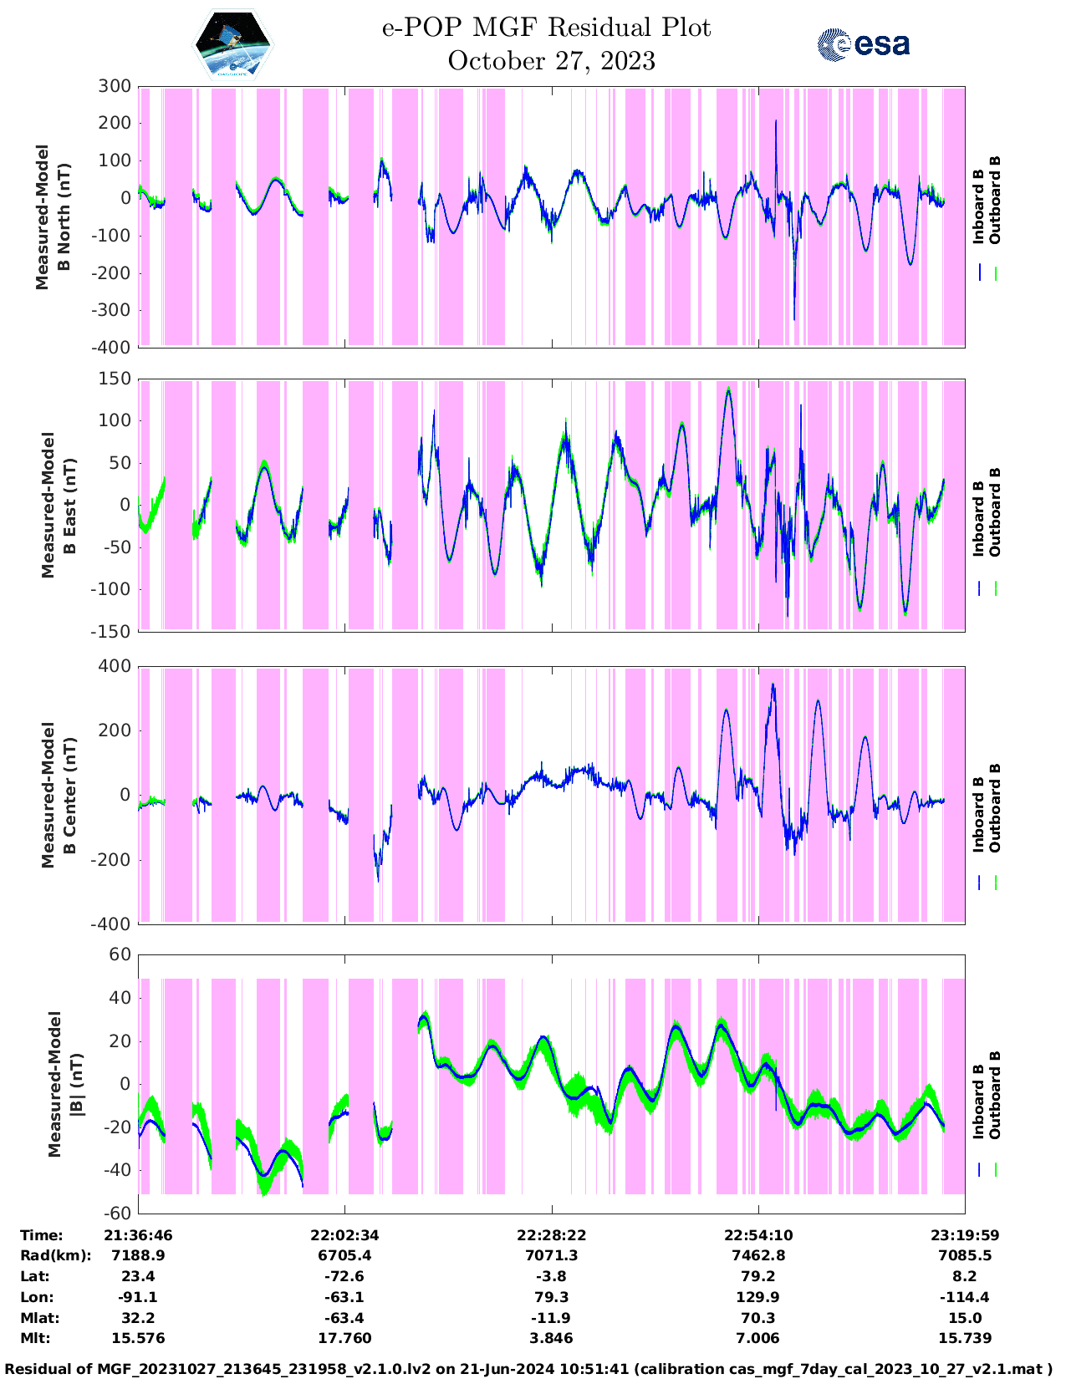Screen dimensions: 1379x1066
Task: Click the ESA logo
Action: pos(864,44)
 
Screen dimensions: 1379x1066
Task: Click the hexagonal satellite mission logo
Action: pos(232,43)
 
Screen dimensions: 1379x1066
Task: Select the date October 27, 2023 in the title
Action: pos(551,61)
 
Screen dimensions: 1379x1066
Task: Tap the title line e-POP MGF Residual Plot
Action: pos(546,28)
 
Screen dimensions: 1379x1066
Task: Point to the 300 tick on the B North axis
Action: pos(115,86)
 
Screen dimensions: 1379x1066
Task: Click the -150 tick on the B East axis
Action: pos(111,631)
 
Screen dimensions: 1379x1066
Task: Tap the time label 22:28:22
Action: pos(551,1234)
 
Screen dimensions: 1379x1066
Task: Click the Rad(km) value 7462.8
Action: pos(757,1255)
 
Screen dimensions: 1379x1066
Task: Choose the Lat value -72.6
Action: pos(344,1276)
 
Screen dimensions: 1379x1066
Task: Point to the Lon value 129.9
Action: pos(757,1297)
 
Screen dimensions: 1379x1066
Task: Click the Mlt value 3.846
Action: pos(551,1338)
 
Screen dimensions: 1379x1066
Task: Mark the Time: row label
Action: pos(42,1234)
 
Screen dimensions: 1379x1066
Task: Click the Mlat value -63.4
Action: pos(344,1318)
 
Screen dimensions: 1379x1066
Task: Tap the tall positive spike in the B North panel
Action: pos(776,123)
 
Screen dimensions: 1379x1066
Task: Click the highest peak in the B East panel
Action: pos(728,389)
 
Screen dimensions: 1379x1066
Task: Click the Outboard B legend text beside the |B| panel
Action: pos(994,1095)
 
